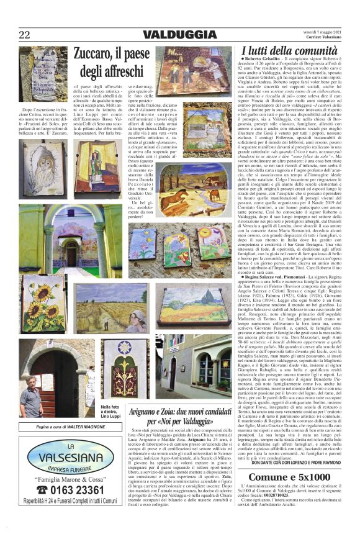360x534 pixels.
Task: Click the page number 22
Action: coord(24,35)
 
